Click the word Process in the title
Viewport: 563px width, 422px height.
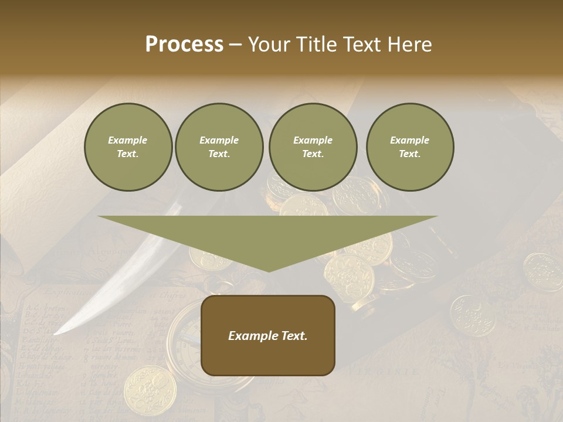point(184,45)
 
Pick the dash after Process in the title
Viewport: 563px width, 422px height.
point(235,46)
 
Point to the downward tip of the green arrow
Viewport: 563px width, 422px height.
point(269,270)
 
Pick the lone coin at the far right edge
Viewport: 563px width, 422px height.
point(542,271)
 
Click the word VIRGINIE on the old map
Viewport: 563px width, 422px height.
point(384,371)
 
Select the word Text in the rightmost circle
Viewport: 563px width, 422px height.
point(409,154)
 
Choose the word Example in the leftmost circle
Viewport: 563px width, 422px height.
point(128,140)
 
